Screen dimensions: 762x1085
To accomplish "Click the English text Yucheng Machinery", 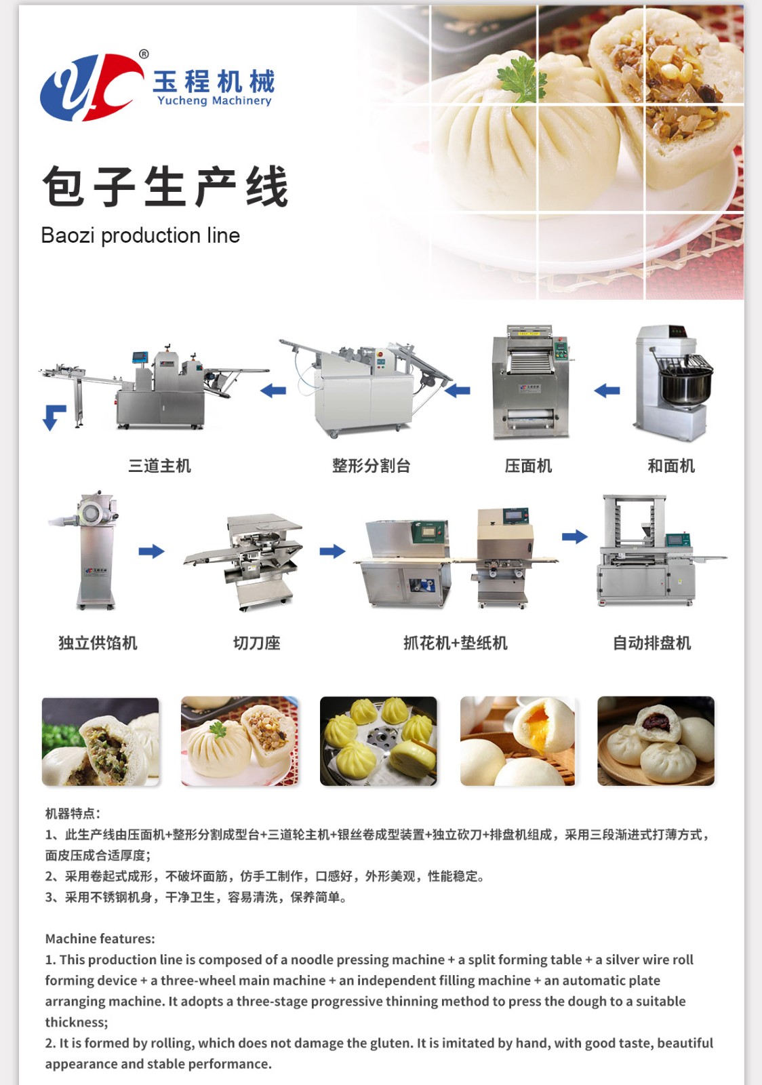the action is point(214,101).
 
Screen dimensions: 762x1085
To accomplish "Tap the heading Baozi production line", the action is point(140,236).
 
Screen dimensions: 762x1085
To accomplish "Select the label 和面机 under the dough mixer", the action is point(671,466).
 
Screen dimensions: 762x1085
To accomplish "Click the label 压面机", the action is point(528,466).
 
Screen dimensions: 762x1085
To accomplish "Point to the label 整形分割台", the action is point(372,466).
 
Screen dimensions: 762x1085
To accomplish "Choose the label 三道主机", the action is point(159,466).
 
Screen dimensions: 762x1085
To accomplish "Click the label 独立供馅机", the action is point(98,643).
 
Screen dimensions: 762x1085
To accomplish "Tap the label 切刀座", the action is point(256,643).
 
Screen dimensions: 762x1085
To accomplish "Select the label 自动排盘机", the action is point(651,643).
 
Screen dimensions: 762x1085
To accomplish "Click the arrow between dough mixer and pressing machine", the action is point(607,390).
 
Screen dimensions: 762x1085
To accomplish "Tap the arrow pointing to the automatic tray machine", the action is point(575,536).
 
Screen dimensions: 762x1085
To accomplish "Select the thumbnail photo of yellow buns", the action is point(378,741).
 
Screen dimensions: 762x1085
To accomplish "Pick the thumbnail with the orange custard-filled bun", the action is point(517,741).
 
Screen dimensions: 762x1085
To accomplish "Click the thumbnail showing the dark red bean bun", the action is point(656,741).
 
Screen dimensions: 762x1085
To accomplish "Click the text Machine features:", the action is point(100,939).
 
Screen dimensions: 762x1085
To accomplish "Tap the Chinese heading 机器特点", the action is point(72,813).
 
